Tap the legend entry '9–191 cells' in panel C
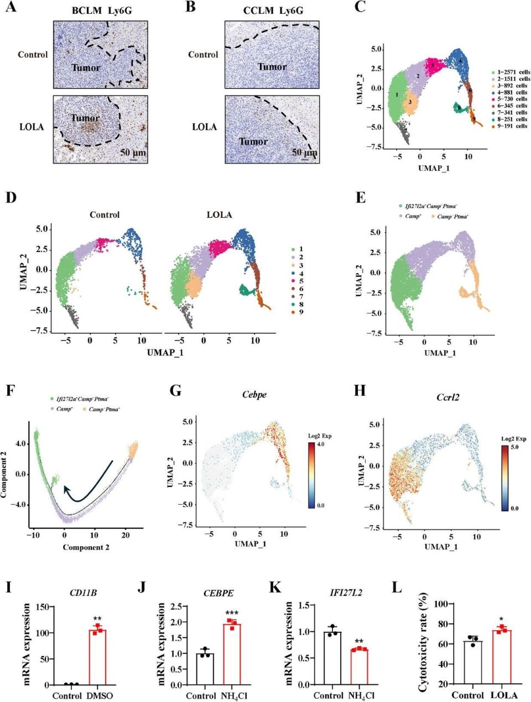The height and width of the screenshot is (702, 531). (512, 126)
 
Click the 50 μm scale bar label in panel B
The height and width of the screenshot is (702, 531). (304, 152)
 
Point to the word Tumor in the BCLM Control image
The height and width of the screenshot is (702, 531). (86, 68)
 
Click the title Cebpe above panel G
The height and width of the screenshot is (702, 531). (254, 395)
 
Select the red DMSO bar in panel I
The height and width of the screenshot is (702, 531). (97, 657)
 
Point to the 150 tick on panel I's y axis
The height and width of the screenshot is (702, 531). (39, 607)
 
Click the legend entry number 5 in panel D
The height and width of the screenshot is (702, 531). (301, 281)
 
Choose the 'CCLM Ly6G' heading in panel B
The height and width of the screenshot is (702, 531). (272, 11)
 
